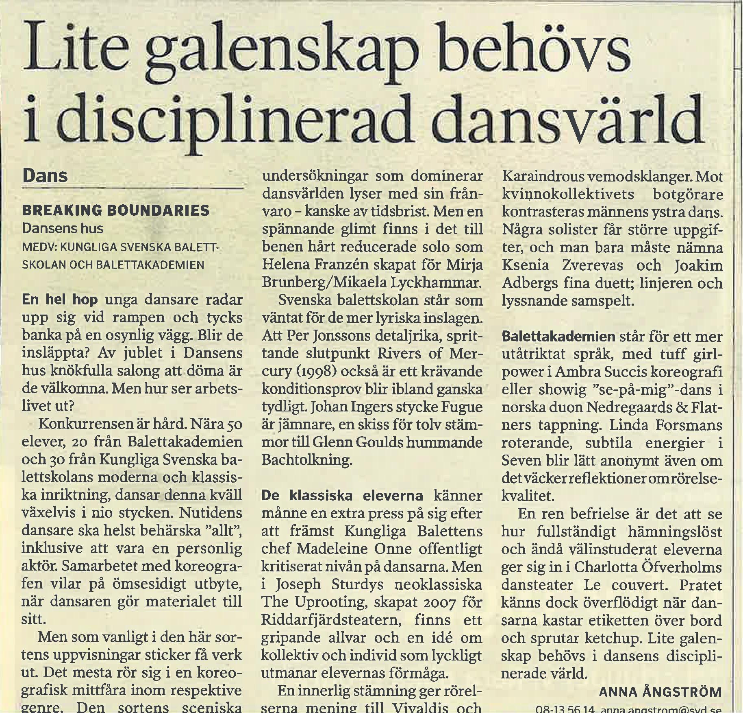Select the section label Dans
pyautogui.click(x=45, y=175)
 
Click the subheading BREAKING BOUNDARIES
pyautogui.click(x=116, y=210)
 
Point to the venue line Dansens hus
pyautogui.click(x=63, y=228)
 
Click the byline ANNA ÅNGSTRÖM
pyautogui.click(x=660, y=691)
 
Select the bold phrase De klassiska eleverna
pyautogui.click(x=342, y=496)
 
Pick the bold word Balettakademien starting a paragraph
pyautogui.click(x=558, y=337)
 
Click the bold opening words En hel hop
pyautogui.click(x=60, y=300)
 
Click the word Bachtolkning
pyautogui.click(x=306, y=460)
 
